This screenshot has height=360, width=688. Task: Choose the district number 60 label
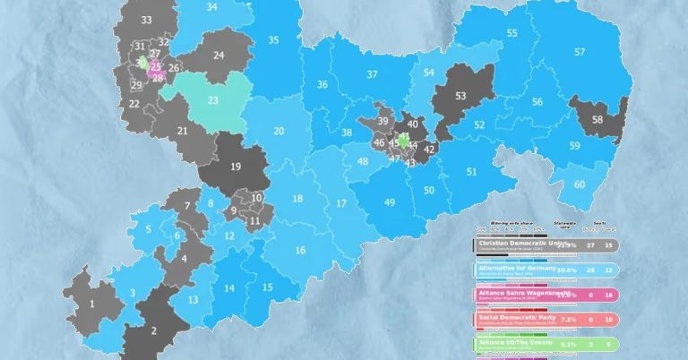tap(580, 184)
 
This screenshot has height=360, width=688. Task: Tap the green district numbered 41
tap(404, 139)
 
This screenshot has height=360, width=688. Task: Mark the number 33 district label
tap(146, 20)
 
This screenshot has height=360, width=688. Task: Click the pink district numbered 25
tap(156, 66)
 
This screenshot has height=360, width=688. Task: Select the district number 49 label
tap(390, 203)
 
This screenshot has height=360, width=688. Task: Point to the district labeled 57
tap(580, 52)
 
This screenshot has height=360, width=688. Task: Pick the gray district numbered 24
tap(219, 55)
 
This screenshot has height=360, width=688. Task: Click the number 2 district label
tap(153, 330)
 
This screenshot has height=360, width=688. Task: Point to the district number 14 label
tap(230, 287)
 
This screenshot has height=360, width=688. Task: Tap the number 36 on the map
tap(322, 84)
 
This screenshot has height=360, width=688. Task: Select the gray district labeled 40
tap(412, 124)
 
